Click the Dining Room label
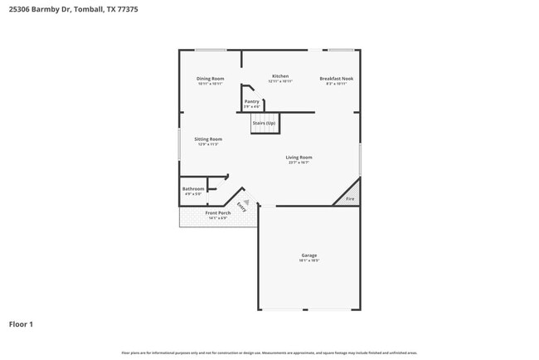coord(210,79)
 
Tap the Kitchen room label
coord(279,76)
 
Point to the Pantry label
coord(251,101)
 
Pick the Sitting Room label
coord(208,139)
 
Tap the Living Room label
coord(299,157)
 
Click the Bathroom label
coord(193,189)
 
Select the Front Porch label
coord(217,213)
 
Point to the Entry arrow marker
coord(245,202)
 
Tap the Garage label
coord(308,255)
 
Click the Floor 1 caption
coord(21,324)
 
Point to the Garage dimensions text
coord(308,260)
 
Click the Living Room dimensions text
coord(299,163)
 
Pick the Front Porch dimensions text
coord(217,218)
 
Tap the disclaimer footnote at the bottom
coord(269,353)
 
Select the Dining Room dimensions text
coord(210,84)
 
